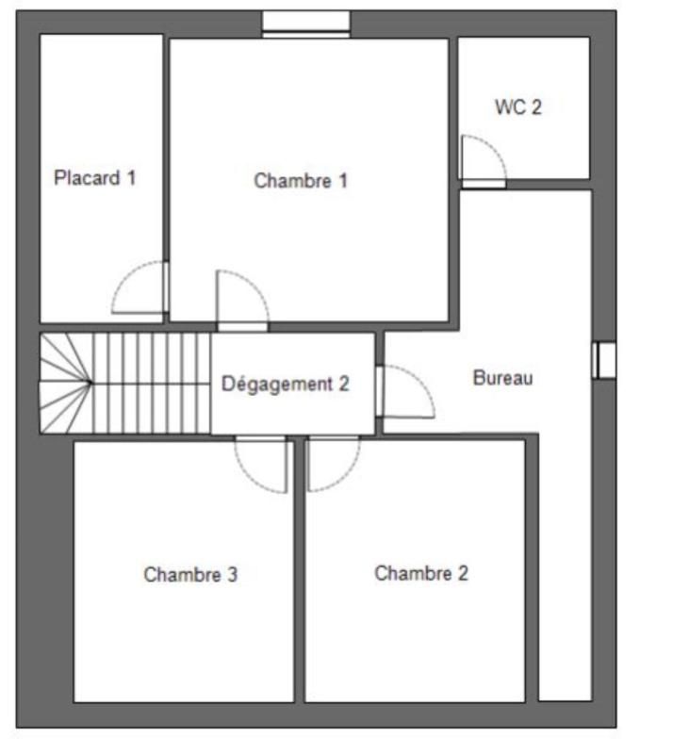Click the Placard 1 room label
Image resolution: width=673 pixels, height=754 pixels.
[95, 177]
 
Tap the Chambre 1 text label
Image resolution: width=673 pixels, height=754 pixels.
[301, 181]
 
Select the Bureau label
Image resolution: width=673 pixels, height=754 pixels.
[503, 379]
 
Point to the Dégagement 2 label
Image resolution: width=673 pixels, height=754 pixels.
[286, 384]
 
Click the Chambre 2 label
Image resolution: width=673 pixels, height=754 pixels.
[421, 573]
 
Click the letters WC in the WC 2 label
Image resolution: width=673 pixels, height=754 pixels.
[508, 107]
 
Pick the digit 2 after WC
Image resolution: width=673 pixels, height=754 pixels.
[535, 107]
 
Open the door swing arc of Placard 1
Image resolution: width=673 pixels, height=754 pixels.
[140, 287]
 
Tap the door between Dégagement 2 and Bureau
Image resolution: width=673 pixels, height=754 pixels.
[405, 391]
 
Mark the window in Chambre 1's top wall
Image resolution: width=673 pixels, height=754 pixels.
[305, 24]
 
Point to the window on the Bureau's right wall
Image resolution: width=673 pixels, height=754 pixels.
[604, 360]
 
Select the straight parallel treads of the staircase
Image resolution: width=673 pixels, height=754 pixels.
[151, 383]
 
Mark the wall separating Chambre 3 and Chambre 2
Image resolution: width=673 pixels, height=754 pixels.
[300, 570]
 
